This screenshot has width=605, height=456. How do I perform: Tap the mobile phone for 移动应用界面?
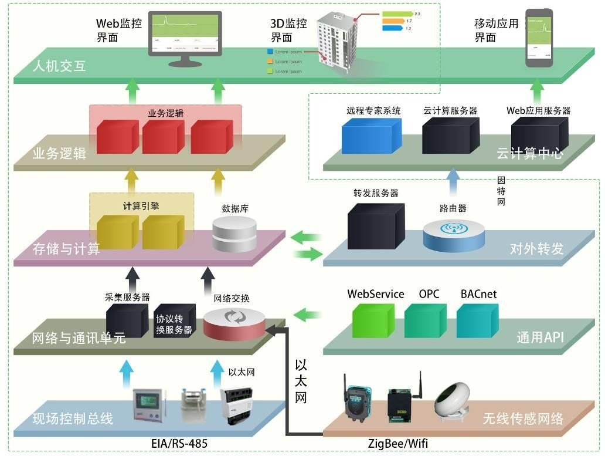[538, 38]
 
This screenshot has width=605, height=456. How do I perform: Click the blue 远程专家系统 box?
[372, 136]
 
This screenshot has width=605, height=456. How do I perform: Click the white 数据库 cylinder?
[234, 235]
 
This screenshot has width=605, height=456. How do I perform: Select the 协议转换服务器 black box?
[174, 322]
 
